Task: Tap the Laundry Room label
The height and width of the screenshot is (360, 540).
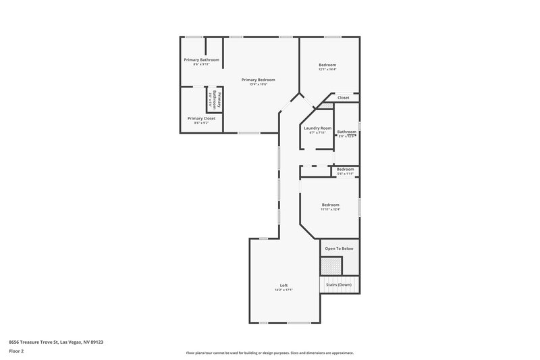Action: (x=317, y=128)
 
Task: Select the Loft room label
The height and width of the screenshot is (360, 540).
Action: (x=284, y=285)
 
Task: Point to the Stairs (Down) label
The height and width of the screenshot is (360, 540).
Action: (x=339, y=285)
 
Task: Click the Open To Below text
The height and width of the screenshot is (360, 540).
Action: (x=339, y=249)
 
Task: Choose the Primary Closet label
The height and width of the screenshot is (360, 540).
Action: (x=201, y=118)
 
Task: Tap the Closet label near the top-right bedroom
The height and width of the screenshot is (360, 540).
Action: (x=344, y=98)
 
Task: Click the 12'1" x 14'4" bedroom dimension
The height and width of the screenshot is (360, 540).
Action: (x=327, y=70)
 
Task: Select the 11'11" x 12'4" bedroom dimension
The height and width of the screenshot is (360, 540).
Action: (x=330, y=209)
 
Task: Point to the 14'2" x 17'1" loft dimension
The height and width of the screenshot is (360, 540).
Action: (x=284, y=290)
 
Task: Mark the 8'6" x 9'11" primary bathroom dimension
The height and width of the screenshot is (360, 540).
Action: (x=201, y=65)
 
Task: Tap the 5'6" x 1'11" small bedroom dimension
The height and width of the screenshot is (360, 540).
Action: (x=345, y=174)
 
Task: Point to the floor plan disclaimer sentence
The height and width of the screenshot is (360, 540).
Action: (x=270, y=353)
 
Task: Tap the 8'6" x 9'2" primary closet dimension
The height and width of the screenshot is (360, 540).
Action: (x=201, y=123)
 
